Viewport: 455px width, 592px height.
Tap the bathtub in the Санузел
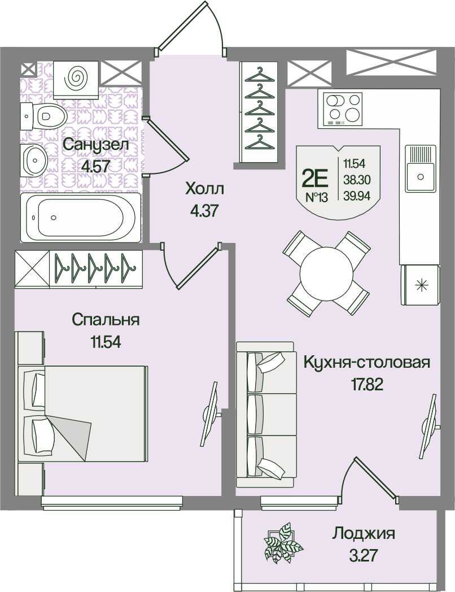click(81, 217)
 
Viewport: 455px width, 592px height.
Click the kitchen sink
click(420, 168)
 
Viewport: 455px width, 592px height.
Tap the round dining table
click(326, 273)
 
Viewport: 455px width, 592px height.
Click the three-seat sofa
click(266, 415)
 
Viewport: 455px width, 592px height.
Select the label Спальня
click(106, 320)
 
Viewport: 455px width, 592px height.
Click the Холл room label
click(204, 189)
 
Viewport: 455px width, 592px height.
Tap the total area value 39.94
click(357, 195)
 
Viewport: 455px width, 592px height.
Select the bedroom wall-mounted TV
click(211, 415)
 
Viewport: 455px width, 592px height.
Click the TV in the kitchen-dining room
click(430, 426)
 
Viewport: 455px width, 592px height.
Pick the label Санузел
click(96, 144)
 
